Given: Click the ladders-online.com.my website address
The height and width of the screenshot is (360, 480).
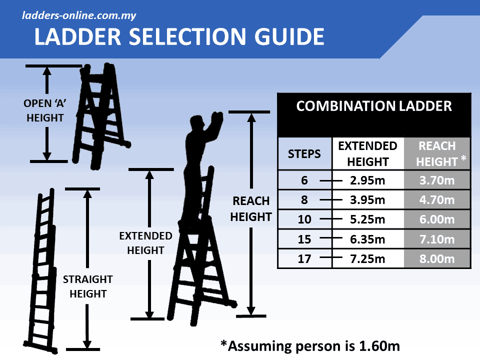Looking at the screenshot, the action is coord(79,15).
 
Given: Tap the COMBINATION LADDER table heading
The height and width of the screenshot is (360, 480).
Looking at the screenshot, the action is coord(374,106).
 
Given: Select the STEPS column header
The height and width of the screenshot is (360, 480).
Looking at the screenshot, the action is coord(304,154).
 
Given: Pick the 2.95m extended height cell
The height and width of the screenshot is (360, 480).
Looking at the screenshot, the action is coord(367,180).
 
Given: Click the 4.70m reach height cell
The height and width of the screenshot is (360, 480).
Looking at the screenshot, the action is coord(436,200).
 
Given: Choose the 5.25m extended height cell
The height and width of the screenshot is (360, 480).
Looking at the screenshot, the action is coord(367,219).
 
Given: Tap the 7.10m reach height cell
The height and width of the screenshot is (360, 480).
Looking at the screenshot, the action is coord(436,239).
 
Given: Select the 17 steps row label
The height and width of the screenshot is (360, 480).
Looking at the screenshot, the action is coord(304,259).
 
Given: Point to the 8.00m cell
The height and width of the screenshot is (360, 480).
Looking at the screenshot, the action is coord(436,259).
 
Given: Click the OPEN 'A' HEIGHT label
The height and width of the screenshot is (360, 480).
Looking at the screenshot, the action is coord(45,111).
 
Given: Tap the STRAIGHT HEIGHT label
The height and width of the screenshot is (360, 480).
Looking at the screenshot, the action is coord(87,286).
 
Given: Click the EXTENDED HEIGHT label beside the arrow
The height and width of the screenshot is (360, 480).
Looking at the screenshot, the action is coord(145,243).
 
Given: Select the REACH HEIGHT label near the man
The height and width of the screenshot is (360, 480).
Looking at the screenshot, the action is coord(251,209).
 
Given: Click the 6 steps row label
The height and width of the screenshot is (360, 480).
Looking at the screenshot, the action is coord(304,180).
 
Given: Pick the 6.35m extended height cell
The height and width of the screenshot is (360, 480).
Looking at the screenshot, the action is coord(367,239).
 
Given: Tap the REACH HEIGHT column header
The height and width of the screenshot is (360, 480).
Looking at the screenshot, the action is coord(436,154).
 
